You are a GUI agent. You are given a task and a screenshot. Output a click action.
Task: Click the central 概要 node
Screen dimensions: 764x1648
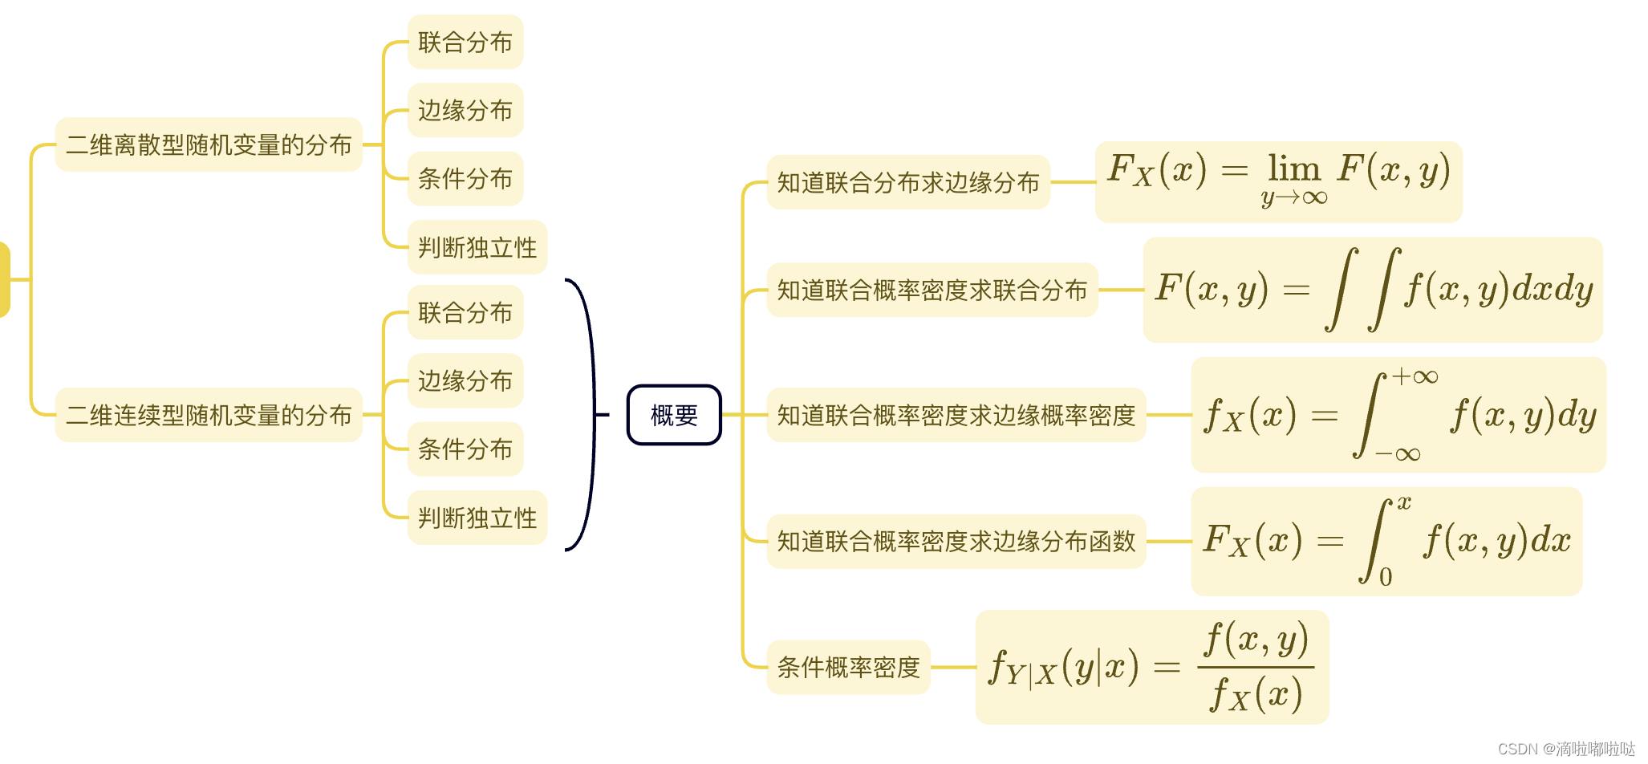(x=674, y=415)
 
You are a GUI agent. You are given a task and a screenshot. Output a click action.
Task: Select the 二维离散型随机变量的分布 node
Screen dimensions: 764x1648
(x=209, y=144)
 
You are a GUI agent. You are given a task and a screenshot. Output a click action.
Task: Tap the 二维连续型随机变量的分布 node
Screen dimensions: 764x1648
(x=209, y=415)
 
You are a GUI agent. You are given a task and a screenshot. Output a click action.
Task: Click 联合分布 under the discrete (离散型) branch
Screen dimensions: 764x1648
(x=465, y=42)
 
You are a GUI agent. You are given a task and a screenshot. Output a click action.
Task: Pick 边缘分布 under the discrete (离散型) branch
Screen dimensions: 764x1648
(x=465, y=110)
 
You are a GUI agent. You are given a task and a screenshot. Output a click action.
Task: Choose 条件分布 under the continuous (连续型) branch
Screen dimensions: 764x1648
(x=465, y=449)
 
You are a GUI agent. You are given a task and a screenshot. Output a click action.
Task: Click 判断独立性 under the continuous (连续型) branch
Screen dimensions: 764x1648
(x=477, y=518)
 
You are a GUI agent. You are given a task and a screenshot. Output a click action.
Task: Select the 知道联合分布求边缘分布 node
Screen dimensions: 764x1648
(x=908, y=182)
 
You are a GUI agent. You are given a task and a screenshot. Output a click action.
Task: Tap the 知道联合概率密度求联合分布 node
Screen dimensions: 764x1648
(x=932, y=290)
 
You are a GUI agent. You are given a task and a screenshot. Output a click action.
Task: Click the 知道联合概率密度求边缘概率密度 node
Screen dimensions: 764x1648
(x=956, y=415)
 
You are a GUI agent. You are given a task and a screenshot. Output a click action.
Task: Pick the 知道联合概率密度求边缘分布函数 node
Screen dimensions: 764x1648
(x=956, y=541)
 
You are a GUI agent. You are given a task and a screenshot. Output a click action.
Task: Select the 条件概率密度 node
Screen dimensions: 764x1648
(x=848, y=667)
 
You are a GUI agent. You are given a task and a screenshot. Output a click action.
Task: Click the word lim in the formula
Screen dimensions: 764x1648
(x=1293, y=169)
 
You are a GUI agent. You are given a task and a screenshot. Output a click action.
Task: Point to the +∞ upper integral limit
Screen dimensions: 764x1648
(x=1415, y=376)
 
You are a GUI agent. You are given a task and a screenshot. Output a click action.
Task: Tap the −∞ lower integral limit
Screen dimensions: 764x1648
(x=1398, y=454)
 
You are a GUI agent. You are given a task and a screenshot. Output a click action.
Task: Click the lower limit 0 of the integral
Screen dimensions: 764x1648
(x=1386, y=577)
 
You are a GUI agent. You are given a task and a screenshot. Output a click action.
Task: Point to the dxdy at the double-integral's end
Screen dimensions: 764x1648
(x=1553, y=289)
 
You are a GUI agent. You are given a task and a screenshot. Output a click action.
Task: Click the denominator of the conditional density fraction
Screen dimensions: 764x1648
(x=1256, y=694)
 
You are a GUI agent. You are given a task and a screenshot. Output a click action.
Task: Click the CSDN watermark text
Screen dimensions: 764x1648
(x=1565, y=749)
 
